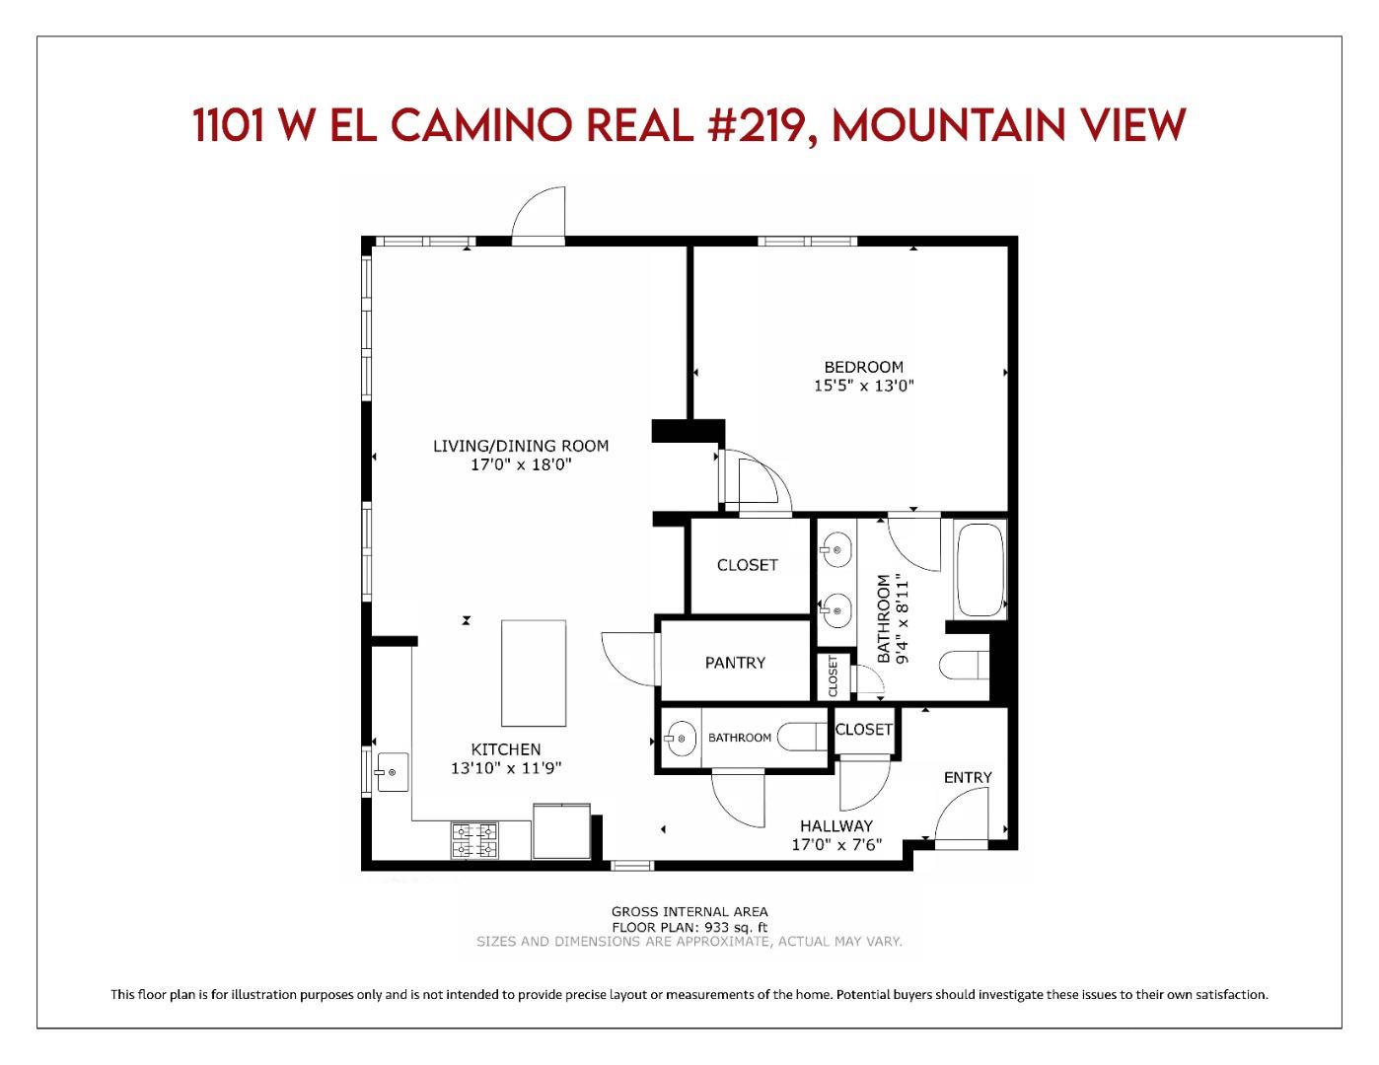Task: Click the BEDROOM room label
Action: (863, 368)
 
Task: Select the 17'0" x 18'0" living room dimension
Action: (521, 464)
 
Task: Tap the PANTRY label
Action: (735, 663)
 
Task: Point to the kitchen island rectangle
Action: (534, 673)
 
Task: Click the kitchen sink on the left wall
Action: (392, 770)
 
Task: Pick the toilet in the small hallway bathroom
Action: (801, 737)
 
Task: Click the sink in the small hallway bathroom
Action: (680, 738)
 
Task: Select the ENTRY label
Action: (968, 777)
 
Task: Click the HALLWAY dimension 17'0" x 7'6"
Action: (836, 845)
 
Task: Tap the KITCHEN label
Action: (505, 749)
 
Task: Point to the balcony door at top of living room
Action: (539, 215)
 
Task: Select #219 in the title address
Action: (750, 126)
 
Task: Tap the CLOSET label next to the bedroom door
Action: (747, 565)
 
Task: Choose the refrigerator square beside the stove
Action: (561, 832)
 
